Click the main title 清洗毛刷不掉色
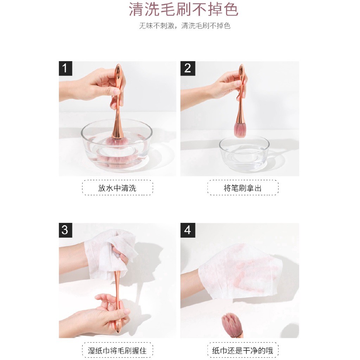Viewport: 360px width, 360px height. [184, 9]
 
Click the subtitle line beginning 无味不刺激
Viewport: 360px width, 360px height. [185, 26]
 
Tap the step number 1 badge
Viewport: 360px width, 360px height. [65, 68]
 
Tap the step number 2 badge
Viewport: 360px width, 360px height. [187, 68]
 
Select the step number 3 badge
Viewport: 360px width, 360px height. [65, 230]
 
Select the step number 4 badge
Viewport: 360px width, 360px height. [187, 230]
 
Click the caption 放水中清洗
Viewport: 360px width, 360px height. [117, 188]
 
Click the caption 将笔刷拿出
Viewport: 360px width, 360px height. [243, 188]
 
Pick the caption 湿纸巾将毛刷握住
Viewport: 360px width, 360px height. [117, 350]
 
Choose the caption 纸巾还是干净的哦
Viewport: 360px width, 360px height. [243, 350]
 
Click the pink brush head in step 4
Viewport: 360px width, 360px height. [232, 325]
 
